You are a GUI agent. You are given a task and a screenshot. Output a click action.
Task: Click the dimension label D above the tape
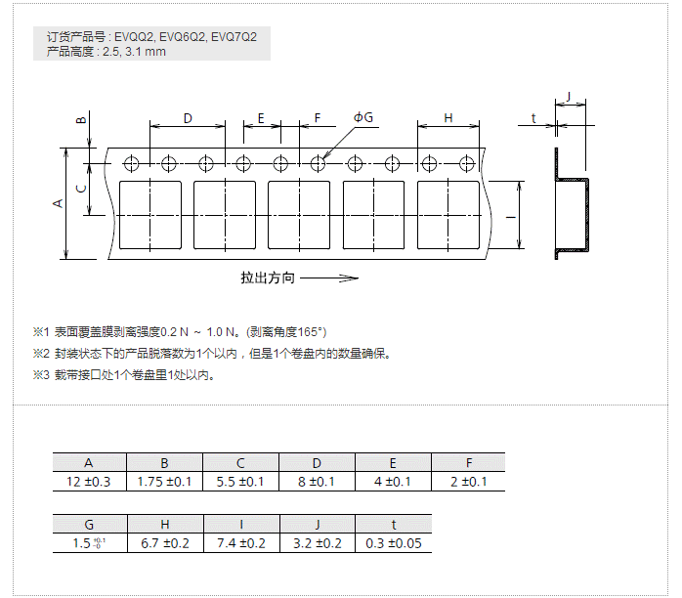(x=188, y=118)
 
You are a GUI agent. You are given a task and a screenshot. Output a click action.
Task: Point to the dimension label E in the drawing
(x=261, y=118)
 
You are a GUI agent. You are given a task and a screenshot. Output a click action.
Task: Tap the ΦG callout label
(x=363, y=117)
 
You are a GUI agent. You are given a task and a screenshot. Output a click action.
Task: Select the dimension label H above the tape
(x=448, y=118)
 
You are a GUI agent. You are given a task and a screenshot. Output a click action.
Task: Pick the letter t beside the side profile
(x=533, y=118)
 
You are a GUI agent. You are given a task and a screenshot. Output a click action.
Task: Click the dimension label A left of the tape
(x=58, y=202)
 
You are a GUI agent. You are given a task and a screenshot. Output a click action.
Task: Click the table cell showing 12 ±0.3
(x=89, y=482)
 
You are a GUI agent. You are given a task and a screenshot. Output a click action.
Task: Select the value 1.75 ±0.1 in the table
(x=165, y=482)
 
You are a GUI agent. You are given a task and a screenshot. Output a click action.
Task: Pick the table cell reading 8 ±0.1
(x=317, y=482)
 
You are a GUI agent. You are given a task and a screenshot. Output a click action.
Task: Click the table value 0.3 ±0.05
(x=393, y=543)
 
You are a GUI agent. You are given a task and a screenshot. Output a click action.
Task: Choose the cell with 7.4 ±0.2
(x=240, y=543)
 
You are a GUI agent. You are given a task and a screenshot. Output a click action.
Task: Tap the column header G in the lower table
(x=89, y=525)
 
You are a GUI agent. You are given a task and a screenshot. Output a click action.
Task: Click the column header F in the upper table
(x=469, y=463)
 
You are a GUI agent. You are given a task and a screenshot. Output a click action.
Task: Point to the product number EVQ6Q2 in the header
(x=183, y=37)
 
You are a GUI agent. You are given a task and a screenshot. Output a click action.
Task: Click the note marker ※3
(x=40, y=374)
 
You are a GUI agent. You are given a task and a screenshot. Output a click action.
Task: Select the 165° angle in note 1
(x=312, y=332)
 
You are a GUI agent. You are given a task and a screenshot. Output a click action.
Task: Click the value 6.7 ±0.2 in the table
(x=165, y=543)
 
